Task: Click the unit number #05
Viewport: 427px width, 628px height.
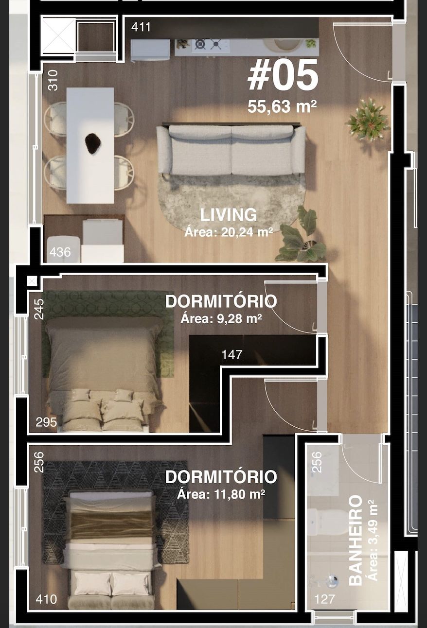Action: coord(283,77)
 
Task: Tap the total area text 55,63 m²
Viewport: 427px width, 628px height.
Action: coord(282,106)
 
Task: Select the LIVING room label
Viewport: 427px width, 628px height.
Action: coord(228,215)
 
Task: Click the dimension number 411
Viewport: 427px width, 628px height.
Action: coord(141,27)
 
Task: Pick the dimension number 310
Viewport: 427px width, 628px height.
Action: coord(53,80)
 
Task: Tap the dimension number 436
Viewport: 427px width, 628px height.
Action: coord(60,252)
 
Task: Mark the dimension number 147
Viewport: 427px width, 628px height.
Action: coord(231,355)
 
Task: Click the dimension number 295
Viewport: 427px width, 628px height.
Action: coord(46,422)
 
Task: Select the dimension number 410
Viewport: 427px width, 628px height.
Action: coord(46,599)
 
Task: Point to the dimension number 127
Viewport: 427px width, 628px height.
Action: coord(324,599)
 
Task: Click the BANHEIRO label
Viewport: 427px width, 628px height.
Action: coord(356,540)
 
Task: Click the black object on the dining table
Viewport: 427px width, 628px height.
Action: coord(93,143)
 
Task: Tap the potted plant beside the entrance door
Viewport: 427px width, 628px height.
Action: coord(368,120)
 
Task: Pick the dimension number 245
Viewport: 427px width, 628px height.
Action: coord(39,309)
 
